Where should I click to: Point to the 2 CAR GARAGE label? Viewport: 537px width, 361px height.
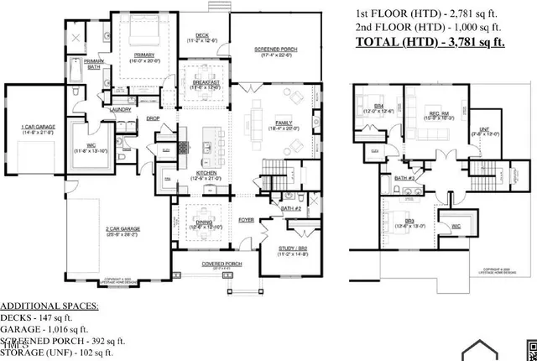pos(122,229)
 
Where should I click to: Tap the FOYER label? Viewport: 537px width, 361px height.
pos(246,219)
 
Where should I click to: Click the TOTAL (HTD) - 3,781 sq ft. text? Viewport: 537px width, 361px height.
pos(430,41)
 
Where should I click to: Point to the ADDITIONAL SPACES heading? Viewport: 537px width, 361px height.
pos(49,306)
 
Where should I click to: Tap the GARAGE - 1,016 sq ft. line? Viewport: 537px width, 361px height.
pos(44,330)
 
